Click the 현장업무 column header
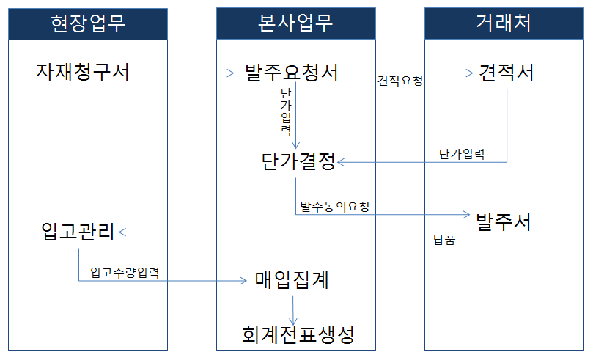tap(88, 24)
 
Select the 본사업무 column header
tap(295, 23)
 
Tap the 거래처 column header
tap(504, 23)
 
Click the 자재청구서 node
tap(83, 72)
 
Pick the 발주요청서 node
tap(291, 73)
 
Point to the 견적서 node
tap(506, 73)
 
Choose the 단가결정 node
tap(298, 162)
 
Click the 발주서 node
tap(504, 222)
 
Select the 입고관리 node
tap(78, 232)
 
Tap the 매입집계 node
tap(292, 280)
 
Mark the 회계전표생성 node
tap(298, 334)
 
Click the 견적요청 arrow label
tap(400, 81)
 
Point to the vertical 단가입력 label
tap(286, 112)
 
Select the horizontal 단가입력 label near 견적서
tap(462, 154)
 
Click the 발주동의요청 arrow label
tap(335, 207)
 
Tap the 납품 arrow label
tap(444, 240)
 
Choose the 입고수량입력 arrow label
tap(125, 273)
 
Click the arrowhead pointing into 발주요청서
tap(231, 73)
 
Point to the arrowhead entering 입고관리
tap(122, 232)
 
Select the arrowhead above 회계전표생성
tap(293, 321)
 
